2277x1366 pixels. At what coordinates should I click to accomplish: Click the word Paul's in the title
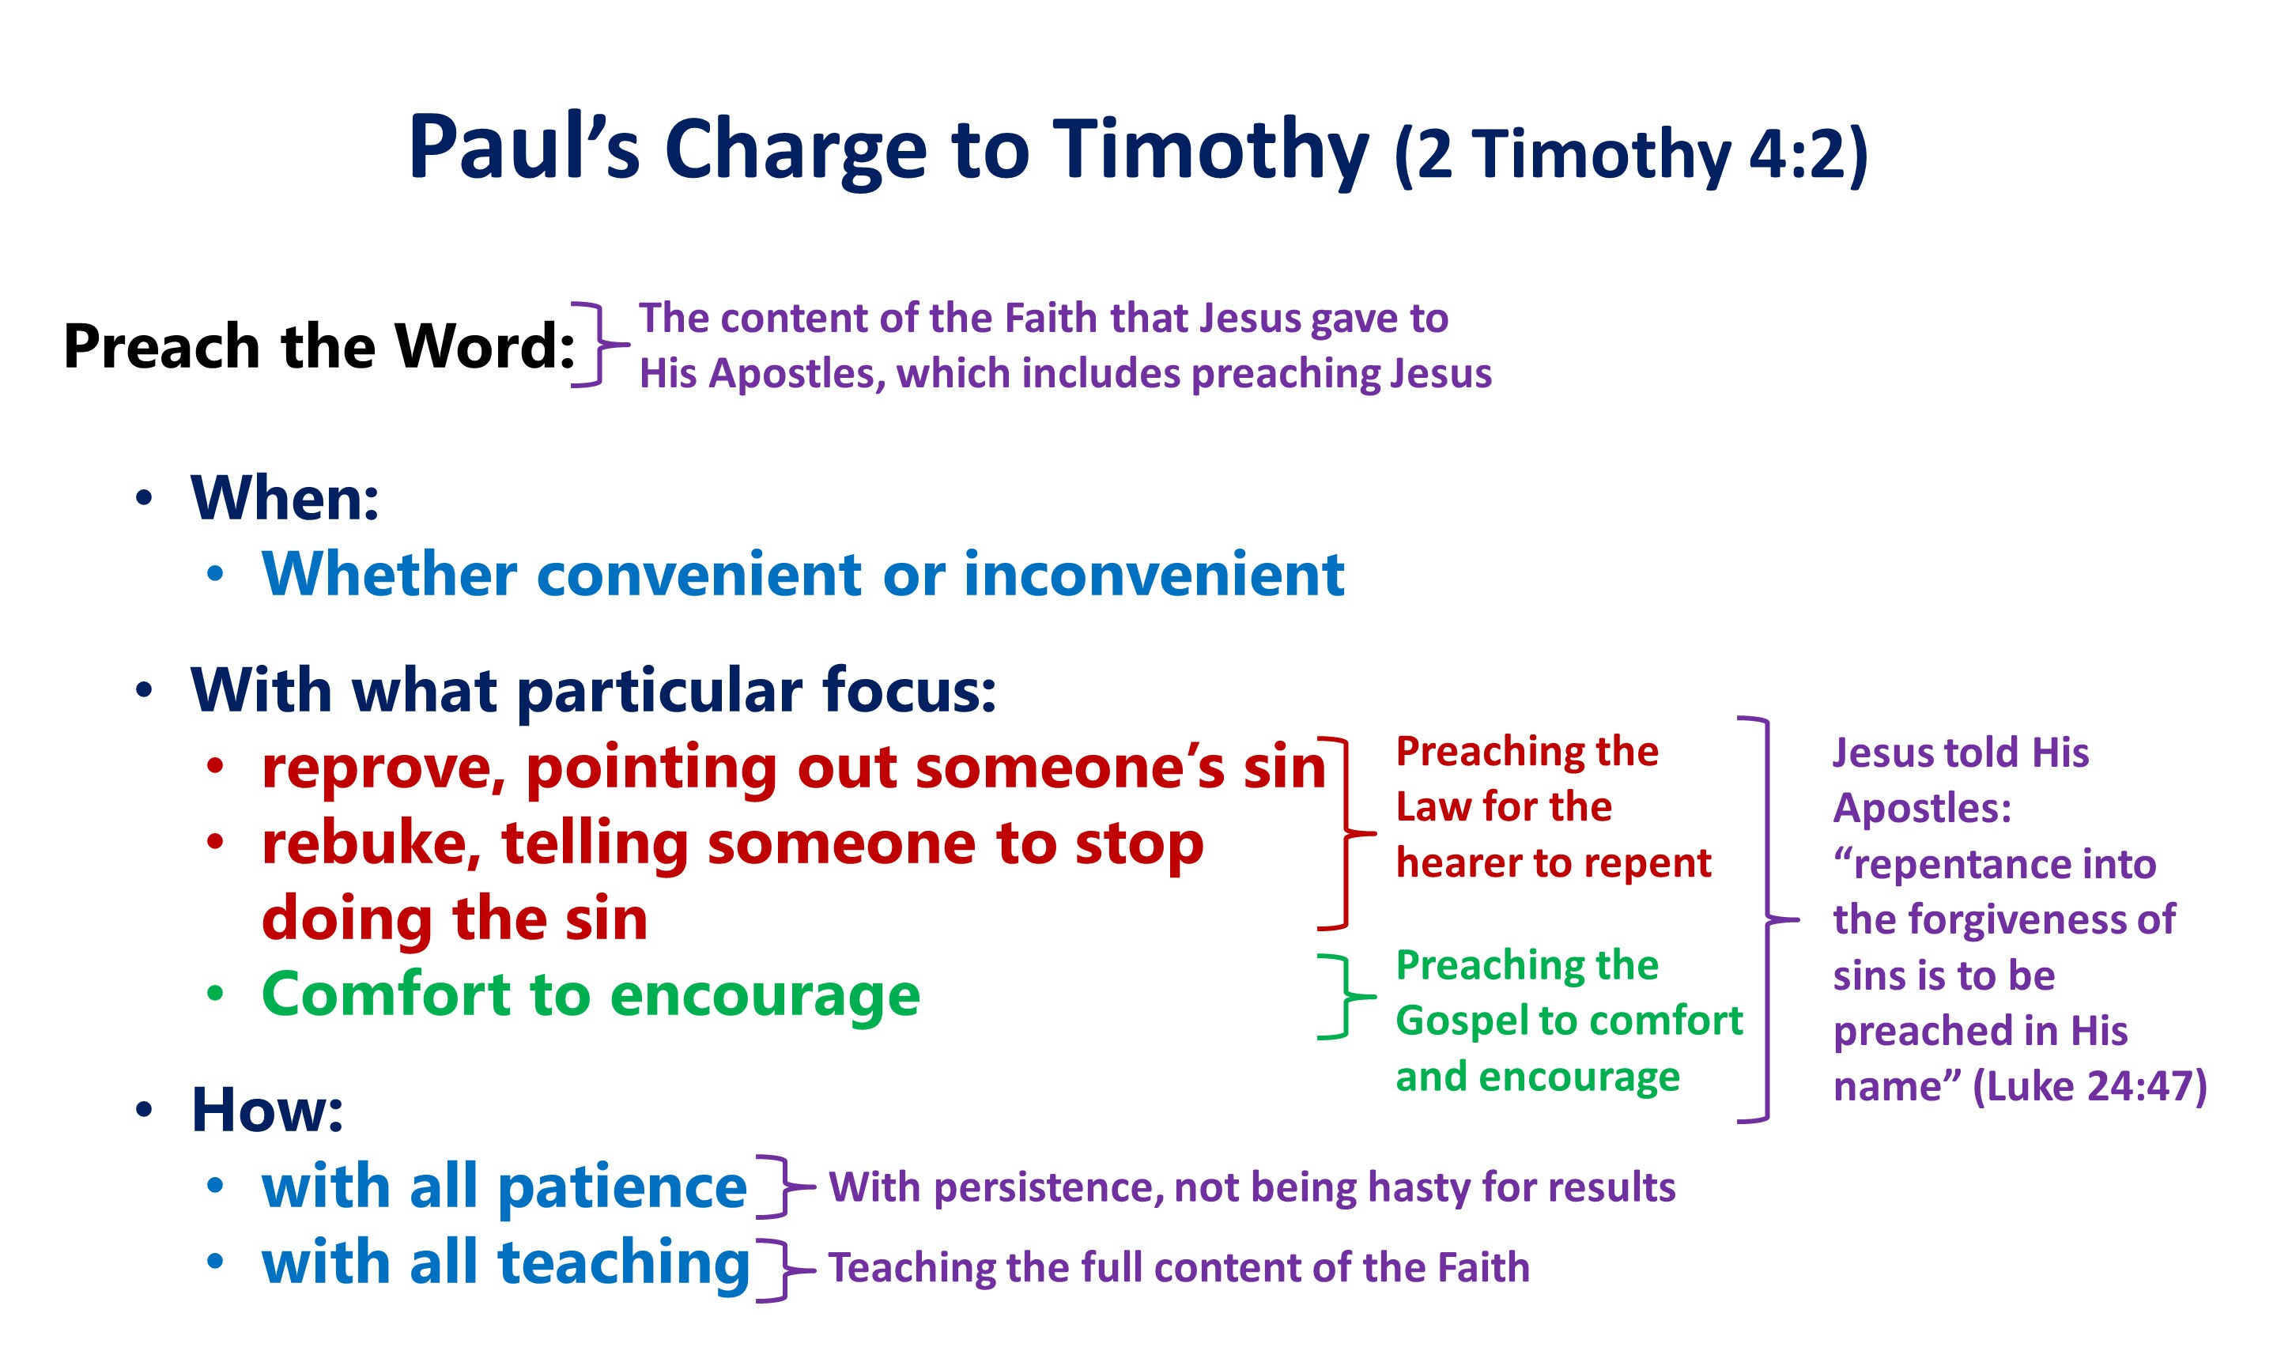pyautogui.click(x=523, y=147)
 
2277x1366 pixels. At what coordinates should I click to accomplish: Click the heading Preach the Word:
pyautogui.click(x=319, y=346)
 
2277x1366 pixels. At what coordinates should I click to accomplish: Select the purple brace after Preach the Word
pyautogui.click(x=600, y=344)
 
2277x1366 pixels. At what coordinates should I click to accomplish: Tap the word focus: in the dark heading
pyautogui.click(x=908, y=689)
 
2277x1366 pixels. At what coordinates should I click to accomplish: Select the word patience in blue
pyautogui.click(x=622, y=1188)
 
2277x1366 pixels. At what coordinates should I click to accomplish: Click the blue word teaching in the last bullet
pyautogui.click(x=624, y=1265)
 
